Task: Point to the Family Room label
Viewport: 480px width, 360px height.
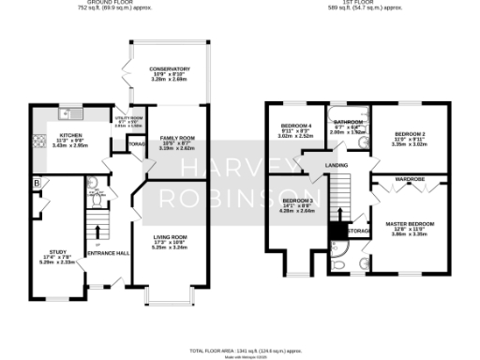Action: click(x=171, y=137)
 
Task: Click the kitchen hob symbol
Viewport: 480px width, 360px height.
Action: click(x=38, y=142)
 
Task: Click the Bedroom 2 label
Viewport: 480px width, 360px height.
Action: click(x=410, y=135)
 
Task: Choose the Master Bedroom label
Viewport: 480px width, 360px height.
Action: click(x=410, y=224)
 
